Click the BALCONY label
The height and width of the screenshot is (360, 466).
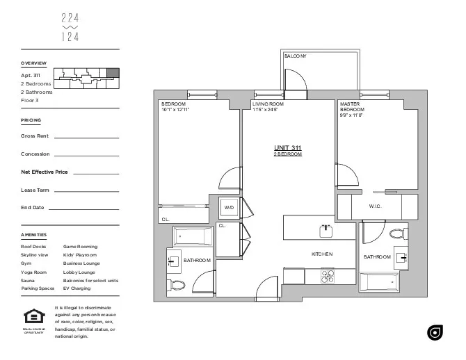[x=296, y=56]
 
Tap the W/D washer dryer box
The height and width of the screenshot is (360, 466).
[x=229, y=207]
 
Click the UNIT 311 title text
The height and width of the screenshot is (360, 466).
[x=288, y=147]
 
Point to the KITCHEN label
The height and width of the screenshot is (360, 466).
[x=322, y=254]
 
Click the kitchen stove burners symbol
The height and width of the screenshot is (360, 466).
[x=328, y=276]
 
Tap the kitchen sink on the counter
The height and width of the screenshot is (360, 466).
[x=324, y=229]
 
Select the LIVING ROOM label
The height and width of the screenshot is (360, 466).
[x=265, y=104]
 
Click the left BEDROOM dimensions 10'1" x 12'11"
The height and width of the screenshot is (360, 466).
[x=175, y=110]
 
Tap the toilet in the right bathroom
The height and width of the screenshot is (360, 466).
[x=397, y=234]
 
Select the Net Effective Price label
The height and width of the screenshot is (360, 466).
[x=45, y=171]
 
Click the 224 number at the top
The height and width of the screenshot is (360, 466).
[x=70, y=19]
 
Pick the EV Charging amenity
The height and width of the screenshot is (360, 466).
[x=77, y=288]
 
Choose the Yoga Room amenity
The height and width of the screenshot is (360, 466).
[x=33, y=272]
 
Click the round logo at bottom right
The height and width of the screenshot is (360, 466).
[x=435, y=333]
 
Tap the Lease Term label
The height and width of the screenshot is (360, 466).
[x=35, y=190]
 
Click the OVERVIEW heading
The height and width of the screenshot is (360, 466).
[x=33, y=63]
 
